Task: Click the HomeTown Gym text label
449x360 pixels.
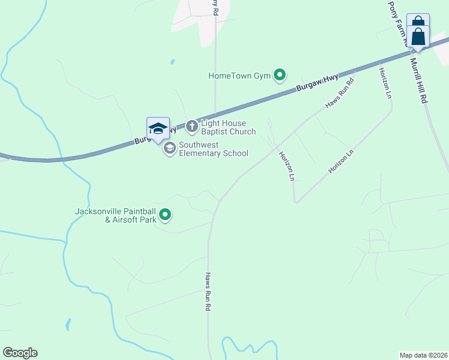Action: (x=240, y=76)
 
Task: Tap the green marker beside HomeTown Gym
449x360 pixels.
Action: (x=280, y=75)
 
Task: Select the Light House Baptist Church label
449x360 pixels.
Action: (x=228, y=127)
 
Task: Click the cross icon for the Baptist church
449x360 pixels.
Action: (x=191, y=126)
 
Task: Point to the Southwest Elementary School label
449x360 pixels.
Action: (x=213, y=149)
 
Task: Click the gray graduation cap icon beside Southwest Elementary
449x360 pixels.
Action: (x=169, y=148)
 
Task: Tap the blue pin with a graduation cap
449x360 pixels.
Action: (x=158, y=128)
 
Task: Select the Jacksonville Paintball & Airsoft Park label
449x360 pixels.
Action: (x=115, y=215)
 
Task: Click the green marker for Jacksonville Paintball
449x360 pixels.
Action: (x=166, y=214)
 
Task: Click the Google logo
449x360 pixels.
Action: (x=20, y=353)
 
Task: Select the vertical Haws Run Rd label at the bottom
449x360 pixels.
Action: (x=208, y=292)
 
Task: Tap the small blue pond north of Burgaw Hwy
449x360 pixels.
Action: (x=173, y=61)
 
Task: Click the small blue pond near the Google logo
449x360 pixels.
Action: (x=68, y=325)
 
